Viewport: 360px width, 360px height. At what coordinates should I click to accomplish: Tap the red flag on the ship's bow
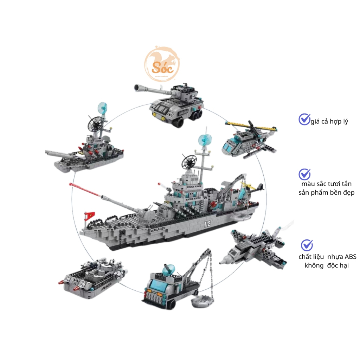tap(90, 215)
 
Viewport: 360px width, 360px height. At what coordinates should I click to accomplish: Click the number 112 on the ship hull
tap(207, 224)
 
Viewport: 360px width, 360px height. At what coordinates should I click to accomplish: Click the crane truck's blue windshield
tap(157, 283)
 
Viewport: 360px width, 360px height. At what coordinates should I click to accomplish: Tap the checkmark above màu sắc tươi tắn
tap(304, 174)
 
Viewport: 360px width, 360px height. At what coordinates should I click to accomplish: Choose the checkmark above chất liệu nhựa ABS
tap(307, 245)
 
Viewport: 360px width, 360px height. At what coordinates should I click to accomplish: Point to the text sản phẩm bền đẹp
tap(324, 193)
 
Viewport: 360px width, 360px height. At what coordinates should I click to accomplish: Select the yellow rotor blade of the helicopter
tap(246, 124)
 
